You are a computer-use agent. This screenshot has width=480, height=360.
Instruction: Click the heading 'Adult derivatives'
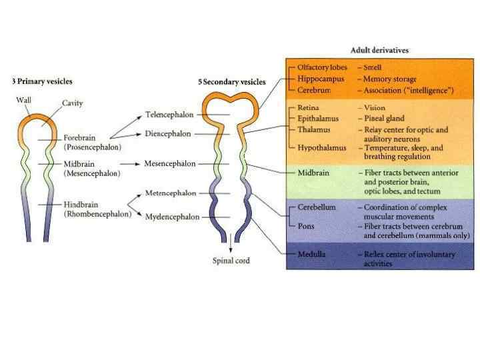(x=379, y=50)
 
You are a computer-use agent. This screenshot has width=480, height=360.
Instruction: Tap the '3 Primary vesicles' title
(x=42, y=81)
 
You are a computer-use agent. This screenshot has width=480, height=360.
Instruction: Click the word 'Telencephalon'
(x=170, y=114)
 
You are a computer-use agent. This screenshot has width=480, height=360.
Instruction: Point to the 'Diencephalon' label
(x=168, y=133)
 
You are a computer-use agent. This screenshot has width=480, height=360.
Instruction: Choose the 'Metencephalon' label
(x=170, y=193)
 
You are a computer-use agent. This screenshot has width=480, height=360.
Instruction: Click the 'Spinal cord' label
(x=231, y=261)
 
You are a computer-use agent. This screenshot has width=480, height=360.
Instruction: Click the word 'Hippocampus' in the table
(x=321, y=79)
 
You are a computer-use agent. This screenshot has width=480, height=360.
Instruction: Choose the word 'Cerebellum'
(x=317, y=207)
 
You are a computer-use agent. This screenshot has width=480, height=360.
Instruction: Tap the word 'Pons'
(x=307, y=226)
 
